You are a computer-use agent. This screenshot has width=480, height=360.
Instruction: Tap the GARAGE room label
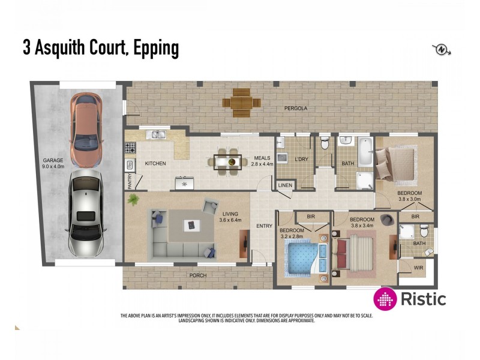pyautogui.click(x=53, y=160)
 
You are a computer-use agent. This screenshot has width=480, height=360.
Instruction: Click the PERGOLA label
pyautogui.click(x=296, y=109)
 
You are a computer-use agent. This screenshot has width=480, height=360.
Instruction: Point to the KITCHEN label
pyautogui.click(x=155, y=163)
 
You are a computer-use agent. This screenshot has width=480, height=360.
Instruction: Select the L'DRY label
pyautogui.click(x=301, y=159)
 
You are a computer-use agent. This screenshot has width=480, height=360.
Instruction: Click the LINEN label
pyautogui.click(x=286, y=185)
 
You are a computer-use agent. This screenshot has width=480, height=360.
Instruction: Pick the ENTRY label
pyautogui.click(x=264, y=226)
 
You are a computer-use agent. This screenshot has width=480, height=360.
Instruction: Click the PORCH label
pyautogui.click(x=197, y=275)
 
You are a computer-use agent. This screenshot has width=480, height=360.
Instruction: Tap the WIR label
pyautogui.click(x=419, y=269)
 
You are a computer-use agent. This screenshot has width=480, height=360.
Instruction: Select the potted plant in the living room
pyautogui.click(x=133, y=199)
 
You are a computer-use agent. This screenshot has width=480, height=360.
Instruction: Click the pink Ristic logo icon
pyautogui.click(x=385, y=299)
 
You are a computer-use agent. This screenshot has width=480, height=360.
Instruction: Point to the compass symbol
pyautogui.click(x=442, y=49)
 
